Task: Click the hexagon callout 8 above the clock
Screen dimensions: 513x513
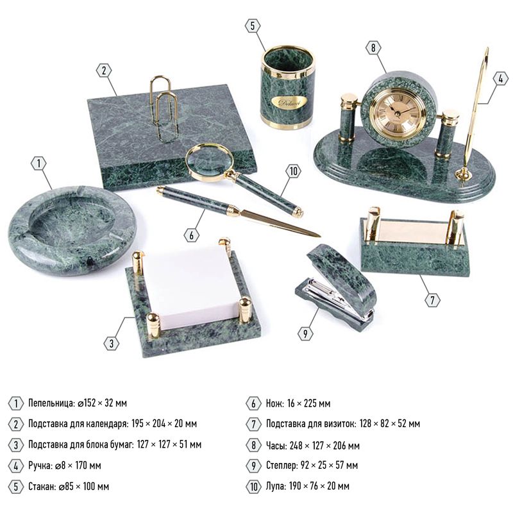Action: point(374,47)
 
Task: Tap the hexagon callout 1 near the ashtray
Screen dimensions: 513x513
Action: point(38,163)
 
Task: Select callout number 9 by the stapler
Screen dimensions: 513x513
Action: point(305,333)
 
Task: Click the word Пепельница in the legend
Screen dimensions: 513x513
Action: point(52,403)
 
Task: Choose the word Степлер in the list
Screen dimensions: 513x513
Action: point(282,466)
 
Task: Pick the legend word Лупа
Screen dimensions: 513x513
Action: point(276,486)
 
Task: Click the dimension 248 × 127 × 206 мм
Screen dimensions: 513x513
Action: point(324,446)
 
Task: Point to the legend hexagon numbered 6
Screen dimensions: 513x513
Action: point(253,403)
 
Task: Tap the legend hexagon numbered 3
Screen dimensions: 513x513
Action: point(15,445)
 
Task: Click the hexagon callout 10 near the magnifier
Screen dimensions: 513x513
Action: point(293,171)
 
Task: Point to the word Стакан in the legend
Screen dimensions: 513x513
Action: point(42,487)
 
